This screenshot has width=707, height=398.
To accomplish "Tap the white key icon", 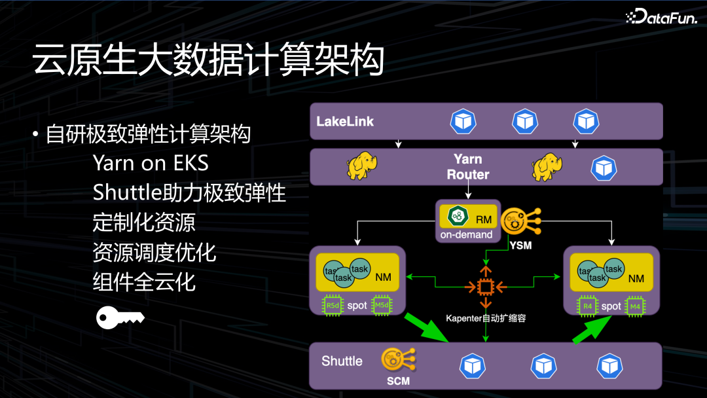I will (120, 317).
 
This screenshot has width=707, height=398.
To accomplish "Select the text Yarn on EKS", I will (151, 163).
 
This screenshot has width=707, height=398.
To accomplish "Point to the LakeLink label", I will (345, 122).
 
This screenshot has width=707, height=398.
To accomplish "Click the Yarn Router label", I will (467, 167).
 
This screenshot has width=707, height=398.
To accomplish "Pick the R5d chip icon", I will (333, 305).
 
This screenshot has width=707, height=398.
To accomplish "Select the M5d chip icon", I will (382, 305).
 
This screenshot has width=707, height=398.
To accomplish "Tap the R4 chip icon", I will (587, 306).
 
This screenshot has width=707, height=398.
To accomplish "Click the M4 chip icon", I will (634, 306).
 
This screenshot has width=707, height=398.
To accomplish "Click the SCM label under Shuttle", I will (398, 380).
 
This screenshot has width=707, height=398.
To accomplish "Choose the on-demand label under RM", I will (467, 234).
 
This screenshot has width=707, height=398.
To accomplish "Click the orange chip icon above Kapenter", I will (485, 287).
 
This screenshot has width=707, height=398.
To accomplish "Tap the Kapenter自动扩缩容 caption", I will (485, 319).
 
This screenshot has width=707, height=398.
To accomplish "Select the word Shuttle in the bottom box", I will (342, 361).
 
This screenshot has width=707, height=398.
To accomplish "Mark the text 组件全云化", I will (144, 282).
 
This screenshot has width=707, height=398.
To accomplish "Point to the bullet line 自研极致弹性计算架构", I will (148, 135).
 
